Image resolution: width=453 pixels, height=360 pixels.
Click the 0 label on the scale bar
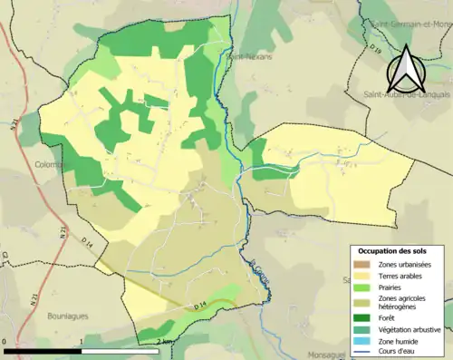click(x=5, y=342)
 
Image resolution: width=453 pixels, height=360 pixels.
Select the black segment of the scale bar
click(x=43, y=350)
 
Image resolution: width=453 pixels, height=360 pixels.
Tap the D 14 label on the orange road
click(x=199, y=306)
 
